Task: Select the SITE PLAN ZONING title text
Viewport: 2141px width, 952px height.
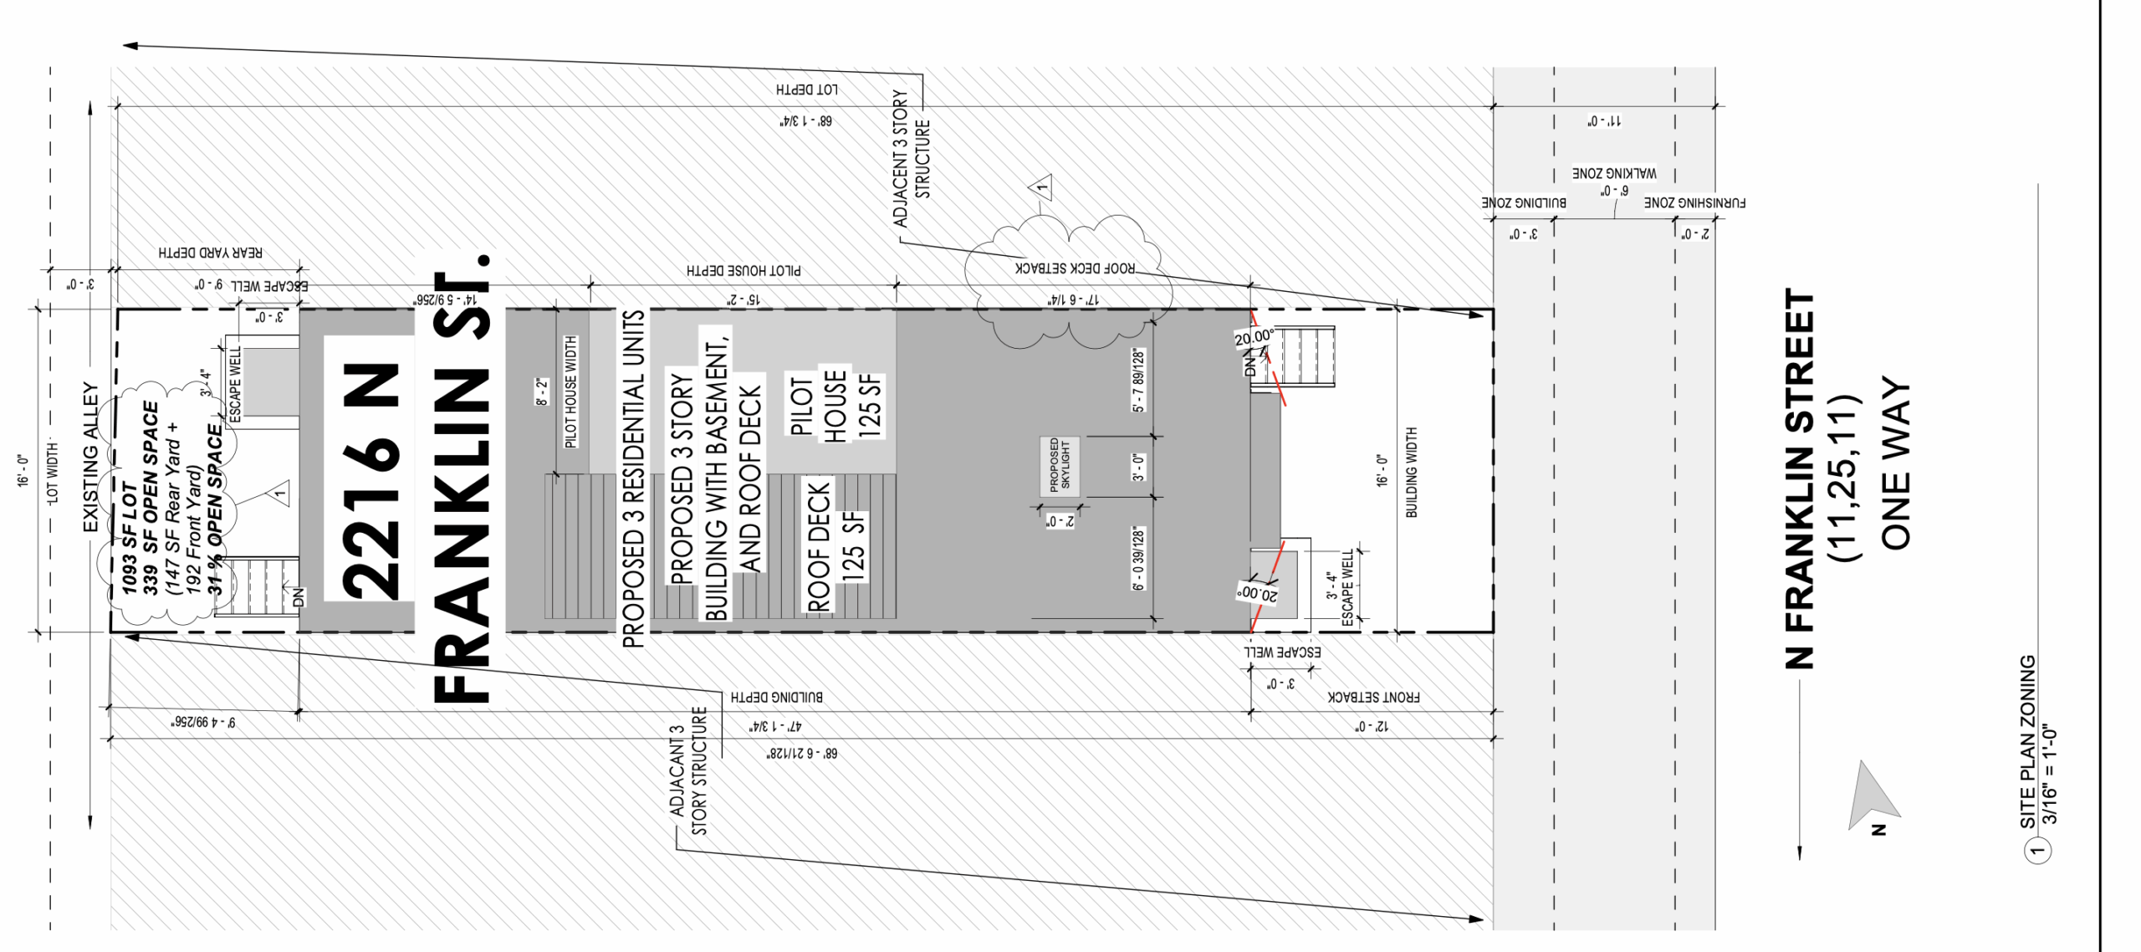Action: tap(2027, 741)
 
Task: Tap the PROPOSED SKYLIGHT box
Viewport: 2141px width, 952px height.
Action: tap(1059, 466)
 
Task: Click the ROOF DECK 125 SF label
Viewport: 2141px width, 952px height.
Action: tap(835, 545)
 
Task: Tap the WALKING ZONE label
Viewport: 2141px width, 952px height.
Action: tap(1613, 173)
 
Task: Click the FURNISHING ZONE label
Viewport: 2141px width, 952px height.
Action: tap(1694, 203)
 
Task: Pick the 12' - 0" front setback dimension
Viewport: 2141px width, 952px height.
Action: tap(1372, 726)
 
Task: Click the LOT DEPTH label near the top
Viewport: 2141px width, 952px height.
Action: tap(806, 90)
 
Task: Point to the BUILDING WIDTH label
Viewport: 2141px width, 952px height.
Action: tap(1412, 473)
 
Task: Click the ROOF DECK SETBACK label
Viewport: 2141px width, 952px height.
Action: tap(1075, 269)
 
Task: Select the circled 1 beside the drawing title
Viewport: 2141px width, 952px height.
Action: tap(2037, 852)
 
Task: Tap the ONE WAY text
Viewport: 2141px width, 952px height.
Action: tap(1895, 465)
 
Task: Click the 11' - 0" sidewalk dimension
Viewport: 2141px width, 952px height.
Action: tap(1604, 121)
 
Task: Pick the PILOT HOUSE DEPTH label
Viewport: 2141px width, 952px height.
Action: tap(743, 270)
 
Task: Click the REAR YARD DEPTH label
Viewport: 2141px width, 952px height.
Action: tap(210, 253)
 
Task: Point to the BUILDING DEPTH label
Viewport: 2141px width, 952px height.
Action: tap(776, 697)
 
